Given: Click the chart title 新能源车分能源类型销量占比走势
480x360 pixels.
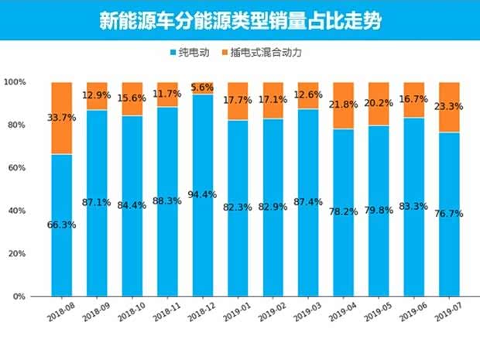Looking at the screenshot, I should (x=239, y=20).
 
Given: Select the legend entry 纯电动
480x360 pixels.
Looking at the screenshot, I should (x=189, y=53).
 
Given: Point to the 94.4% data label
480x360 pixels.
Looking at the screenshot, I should (x=203, y=194).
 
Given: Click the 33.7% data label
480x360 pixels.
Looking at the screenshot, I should (x=61, y=118).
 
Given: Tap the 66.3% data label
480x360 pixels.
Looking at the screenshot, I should (x=61, y=225).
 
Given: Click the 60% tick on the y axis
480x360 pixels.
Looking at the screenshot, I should (x=17, y=168).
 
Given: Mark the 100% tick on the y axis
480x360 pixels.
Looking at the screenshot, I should (x=15, y=82).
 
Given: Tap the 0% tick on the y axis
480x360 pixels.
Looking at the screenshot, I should (x=19, y=297).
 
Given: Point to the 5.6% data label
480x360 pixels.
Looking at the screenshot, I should (x=203, y=87).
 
